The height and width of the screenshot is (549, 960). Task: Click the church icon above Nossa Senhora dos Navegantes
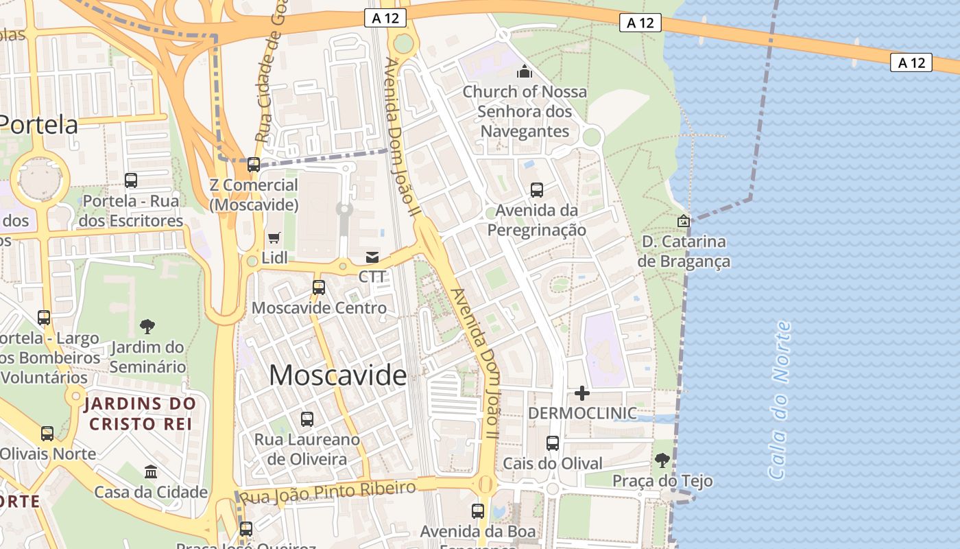(x=525, y=71)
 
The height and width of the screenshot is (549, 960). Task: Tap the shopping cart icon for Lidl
(x=274, y=237)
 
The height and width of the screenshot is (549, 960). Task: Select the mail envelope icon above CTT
(x=372, y=257)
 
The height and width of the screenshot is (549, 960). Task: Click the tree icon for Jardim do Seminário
(x=147, y=326)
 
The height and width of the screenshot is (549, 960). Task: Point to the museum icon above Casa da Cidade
(x=151, y=471)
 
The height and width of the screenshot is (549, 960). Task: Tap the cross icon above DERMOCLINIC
(x=581, y=393)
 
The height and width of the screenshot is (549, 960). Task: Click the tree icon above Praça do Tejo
(x=662, y=460)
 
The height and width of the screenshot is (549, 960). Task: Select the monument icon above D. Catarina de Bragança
(x=683, y=221)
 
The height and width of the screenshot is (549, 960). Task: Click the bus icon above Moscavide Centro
(x=319, y=287)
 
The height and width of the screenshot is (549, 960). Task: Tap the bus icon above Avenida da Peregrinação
(x=537, y=189)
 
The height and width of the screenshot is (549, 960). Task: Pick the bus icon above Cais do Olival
(x=553, y=443)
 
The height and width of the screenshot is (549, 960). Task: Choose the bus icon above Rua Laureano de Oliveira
(x=307, y=419)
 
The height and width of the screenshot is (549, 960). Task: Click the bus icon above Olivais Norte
(x=47, y=433)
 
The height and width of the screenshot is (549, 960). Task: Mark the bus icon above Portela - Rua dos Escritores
(x=131, y=180)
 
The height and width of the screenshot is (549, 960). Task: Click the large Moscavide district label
(x=337, y=375)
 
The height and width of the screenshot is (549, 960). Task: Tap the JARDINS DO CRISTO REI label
(x=141, y=413)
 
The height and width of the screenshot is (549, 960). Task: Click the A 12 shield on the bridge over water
(x=912, y=62)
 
